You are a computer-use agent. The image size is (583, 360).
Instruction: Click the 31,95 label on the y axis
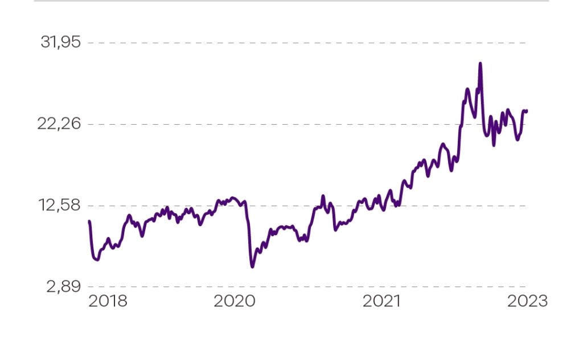coord(61,43)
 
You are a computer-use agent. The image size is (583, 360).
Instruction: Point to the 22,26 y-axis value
coord(60,124)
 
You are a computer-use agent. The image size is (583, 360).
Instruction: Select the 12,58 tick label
coord(60,206)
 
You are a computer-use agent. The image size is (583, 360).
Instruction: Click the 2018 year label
coord(108,301)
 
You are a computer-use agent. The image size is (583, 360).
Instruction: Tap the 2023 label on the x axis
coord(528,301)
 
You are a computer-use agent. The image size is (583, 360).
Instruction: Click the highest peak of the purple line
coord(480,64)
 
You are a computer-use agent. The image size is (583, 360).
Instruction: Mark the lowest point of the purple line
coord(252,266)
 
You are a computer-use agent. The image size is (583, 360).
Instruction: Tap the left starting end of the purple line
coord(89,222)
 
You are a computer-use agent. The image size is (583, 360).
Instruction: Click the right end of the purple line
coord(527,111)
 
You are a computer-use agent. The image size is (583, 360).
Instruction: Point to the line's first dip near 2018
coord(97,260)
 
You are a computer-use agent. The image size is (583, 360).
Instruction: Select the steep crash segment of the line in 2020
coord(249,239)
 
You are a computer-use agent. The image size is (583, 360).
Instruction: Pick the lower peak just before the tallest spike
coord(467,89)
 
